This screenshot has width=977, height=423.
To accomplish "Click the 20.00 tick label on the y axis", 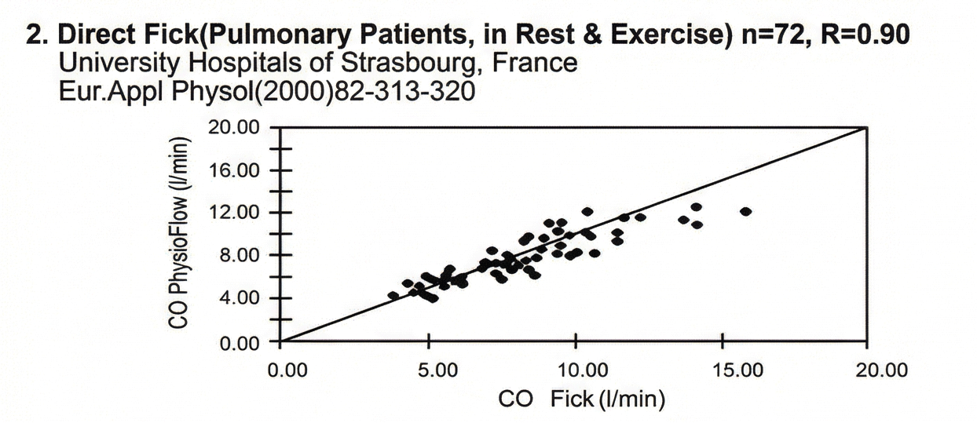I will [x=233, y=128].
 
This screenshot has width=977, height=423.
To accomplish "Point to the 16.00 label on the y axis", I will [x=233, y=170].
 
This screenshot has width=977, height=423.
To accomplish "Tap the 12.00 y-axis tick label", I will [x=233, y=213].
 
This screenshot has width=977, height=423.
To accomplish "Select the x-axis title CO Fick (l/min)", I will [x=582, y=400].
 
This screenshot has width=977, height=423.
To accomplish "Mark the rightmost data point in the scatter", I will [x=745, y=212].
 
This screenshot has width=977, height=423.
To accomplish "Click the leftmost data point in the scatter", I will [x=393, y=296].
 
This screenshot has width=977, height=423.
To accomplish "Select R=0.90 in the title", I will [x=865, y=36].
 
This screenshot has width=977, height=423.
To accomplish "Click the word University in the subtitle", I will [x=107, y=62].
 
